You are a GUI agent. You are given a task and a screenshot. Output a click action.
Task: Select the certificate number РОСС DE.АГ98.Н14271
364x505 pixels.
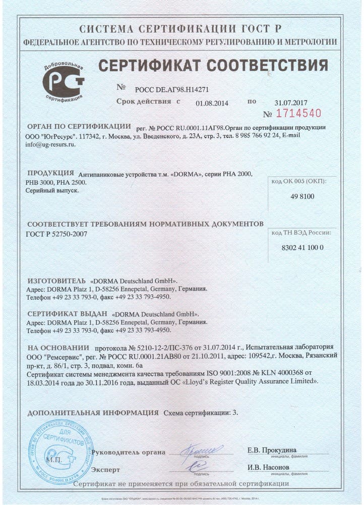(x=172, y=89)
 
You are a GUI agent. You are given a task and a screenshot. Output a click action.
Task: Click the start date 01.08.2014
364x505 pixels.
(x=212, y=103)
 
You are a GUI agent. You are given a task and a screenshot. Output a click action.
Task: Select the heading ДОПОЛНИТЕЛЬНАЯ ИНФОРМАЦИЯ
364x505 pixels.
(x=92, y=413)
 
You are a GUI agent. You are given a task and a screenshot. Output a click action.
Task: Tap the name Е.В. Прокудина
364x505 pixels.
(x=272, y=450)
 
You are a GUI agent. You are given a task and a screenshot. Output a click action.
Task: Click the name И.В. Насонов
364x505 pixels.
(x=268, y=467)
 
